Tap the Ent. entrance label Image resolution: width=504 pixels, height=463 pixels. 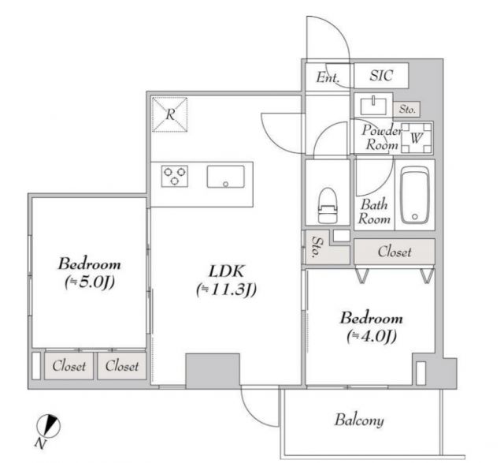point(328,77)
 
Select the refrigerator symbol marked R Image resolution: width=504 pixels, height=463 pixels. point(170,114)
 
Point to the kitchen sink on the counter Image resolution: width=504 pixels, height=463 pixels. point(225,177)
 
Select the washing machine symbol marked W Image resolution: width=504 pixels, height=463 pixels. point(417,139)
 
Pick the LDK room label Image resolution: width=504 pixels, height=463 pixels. point(227,269)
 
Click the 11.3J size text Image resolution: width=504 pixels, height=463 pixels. point(227,289)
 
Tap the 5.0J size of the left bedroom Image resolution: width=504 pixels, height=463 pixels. point(87,283)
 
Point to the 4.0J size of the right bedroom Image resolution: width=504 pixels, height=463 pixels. point(371,337)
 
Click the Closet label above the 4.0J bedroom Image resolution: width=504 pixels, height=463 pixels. point(394,252)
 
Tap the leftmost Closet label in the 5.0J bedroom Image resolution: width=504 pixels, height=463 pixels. point(69,365)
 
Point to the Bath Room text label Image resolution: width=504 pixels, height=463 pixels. point(374,212)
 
